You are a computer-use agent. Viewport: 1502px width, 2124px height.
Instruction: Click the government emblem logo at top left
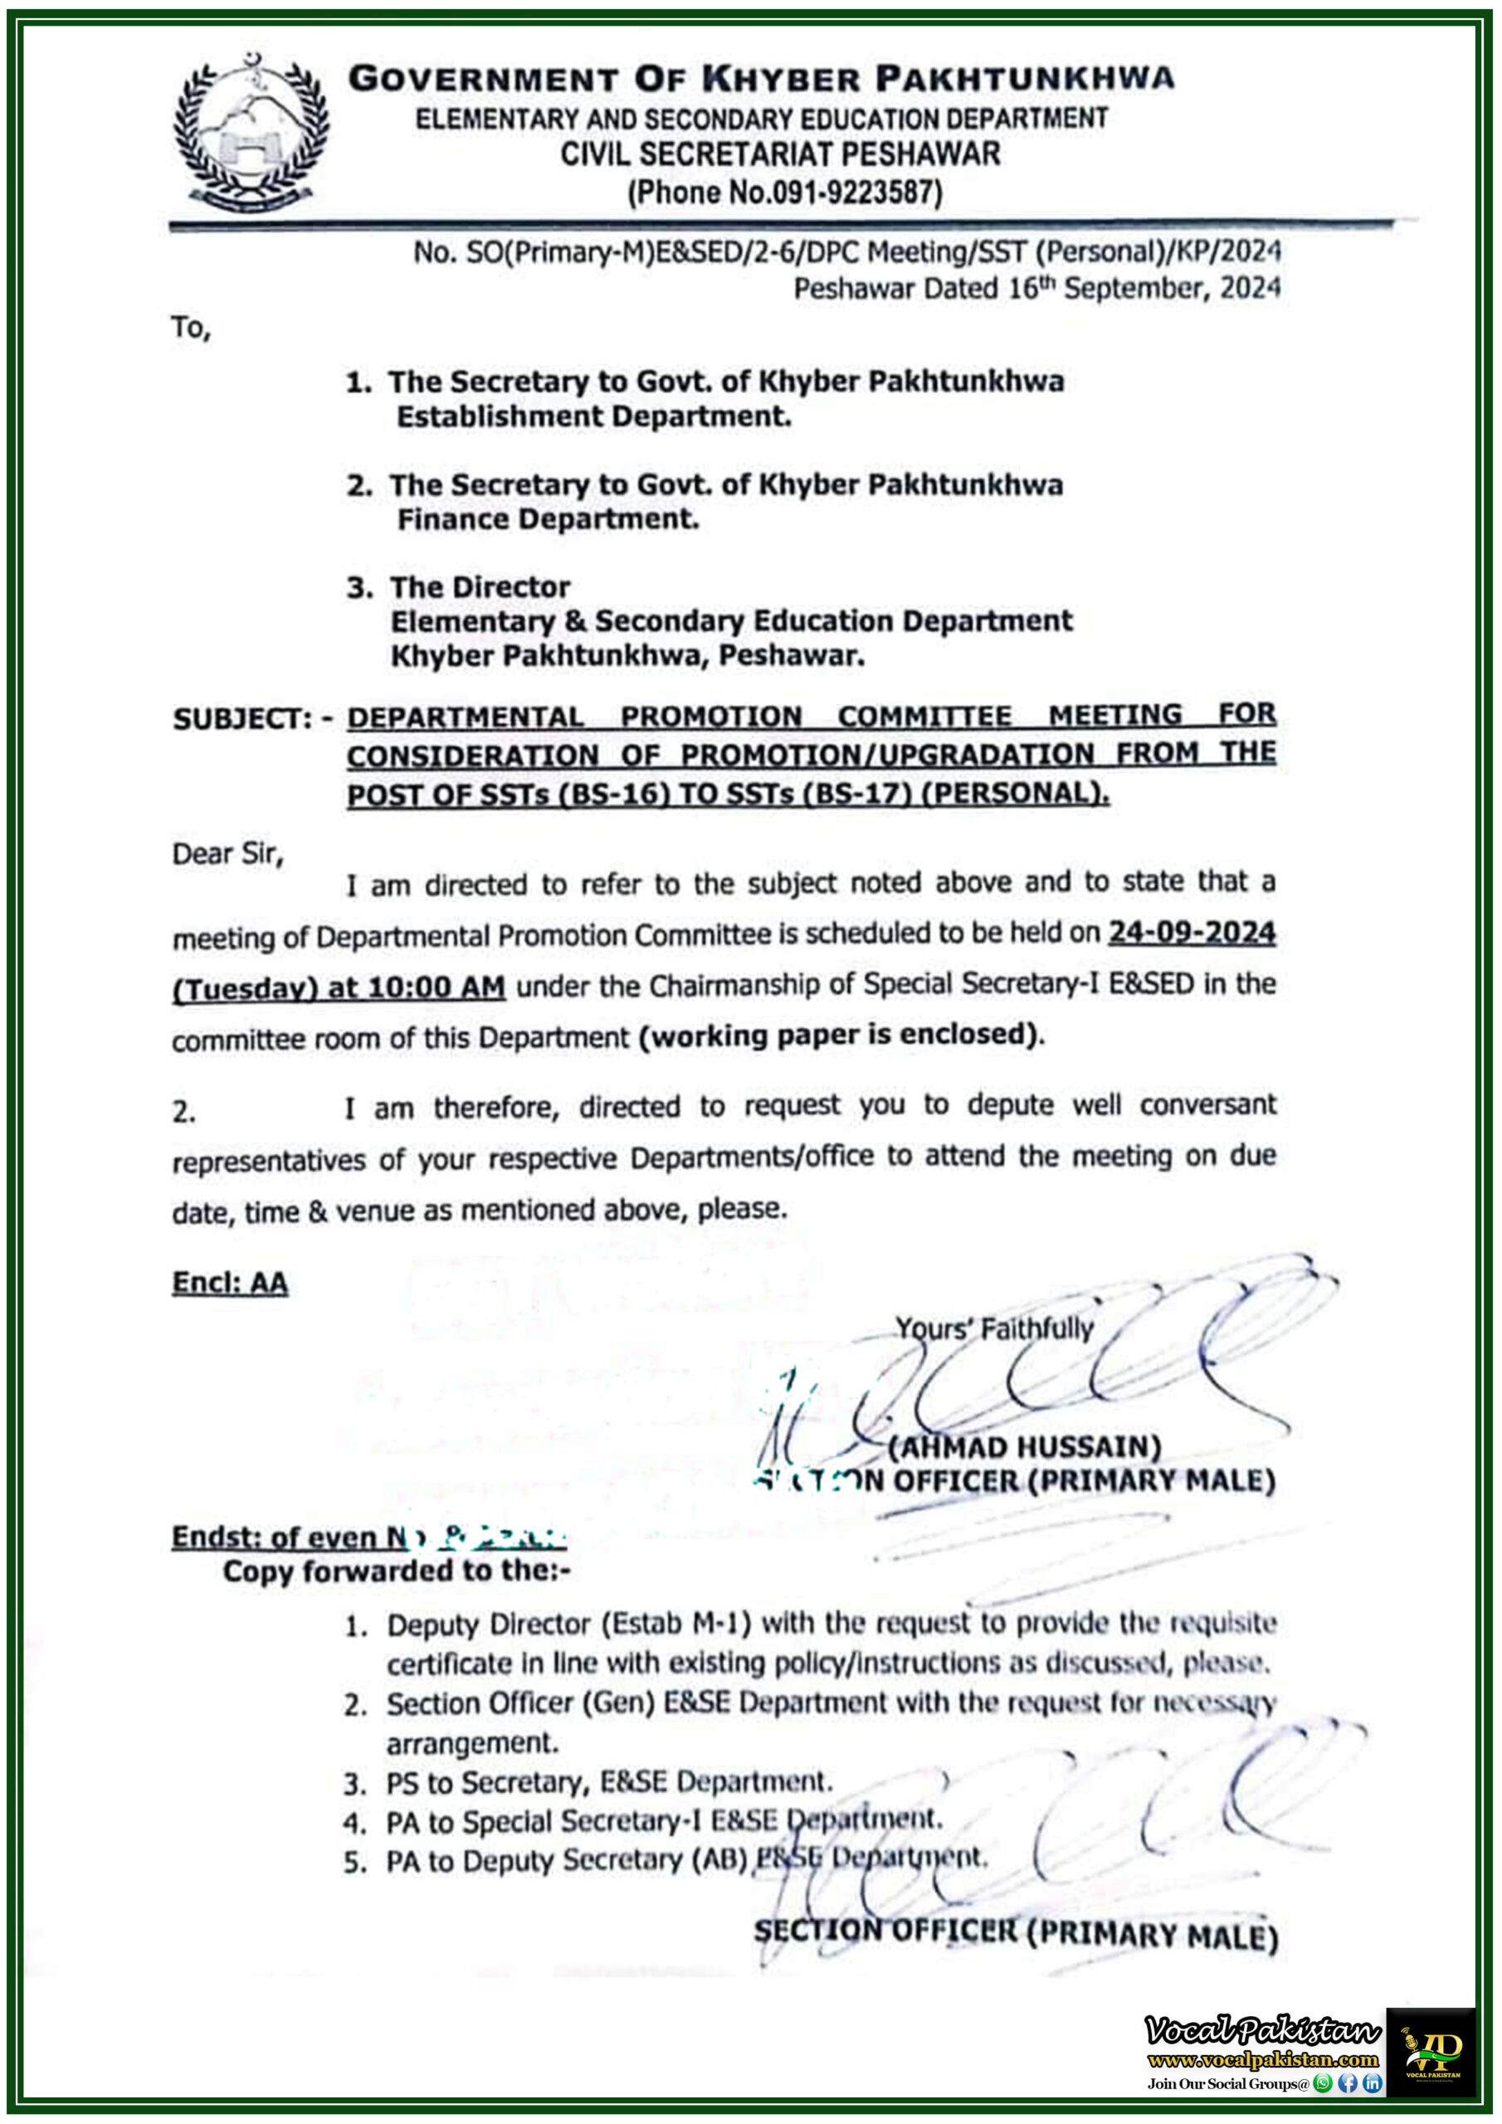pyautogui.click(x=251, y=132)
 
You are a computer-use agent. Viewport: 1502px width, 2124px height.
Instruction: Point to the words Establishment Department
pyautogui.click(x=593, y=417)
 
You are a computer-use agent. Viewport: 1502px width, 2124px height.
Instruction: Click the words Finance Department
pyautogui.click(x=548, y=519)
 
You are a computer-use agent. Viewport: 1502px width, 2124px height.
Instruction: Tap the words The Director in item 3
pyautogui.click(x=480, y=587)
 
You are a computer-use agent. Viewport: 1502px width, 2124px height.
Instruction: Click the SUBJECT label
pyautogui.click(x=242, y=719)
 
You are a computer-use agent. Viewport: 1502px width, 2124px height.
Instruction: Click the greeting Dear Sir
pyautogui.click(x=227, y=853)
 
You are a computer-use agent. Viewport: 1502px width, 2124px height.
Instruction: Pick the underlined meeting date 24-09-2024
pyautogui.click(x=1192, y=933)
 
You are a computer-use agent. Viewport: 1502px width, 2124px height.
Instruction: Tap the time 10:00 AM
pyautogui.click(x=436, y=987)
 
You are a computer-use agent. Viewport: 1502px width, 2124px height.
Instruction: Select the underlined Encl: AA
pyautogui.click(x=230, y=1282)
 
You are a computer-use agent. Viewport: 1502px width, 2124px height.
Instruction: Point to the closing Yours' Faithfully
pyautogui.click(x=994, y=1328)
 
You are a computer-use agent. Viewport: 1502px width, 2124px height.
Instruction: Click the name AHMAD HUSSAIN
pyautogui.click(x=1025, y=1446)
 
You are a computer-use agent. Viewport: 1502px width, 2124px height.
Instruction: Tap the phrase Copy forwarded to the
pyautogui.click(x=396, y=1571)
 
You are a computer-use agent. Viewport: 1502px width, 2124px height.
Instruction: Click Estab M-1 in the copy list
pyautogui.click(x=676, y=1624)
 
